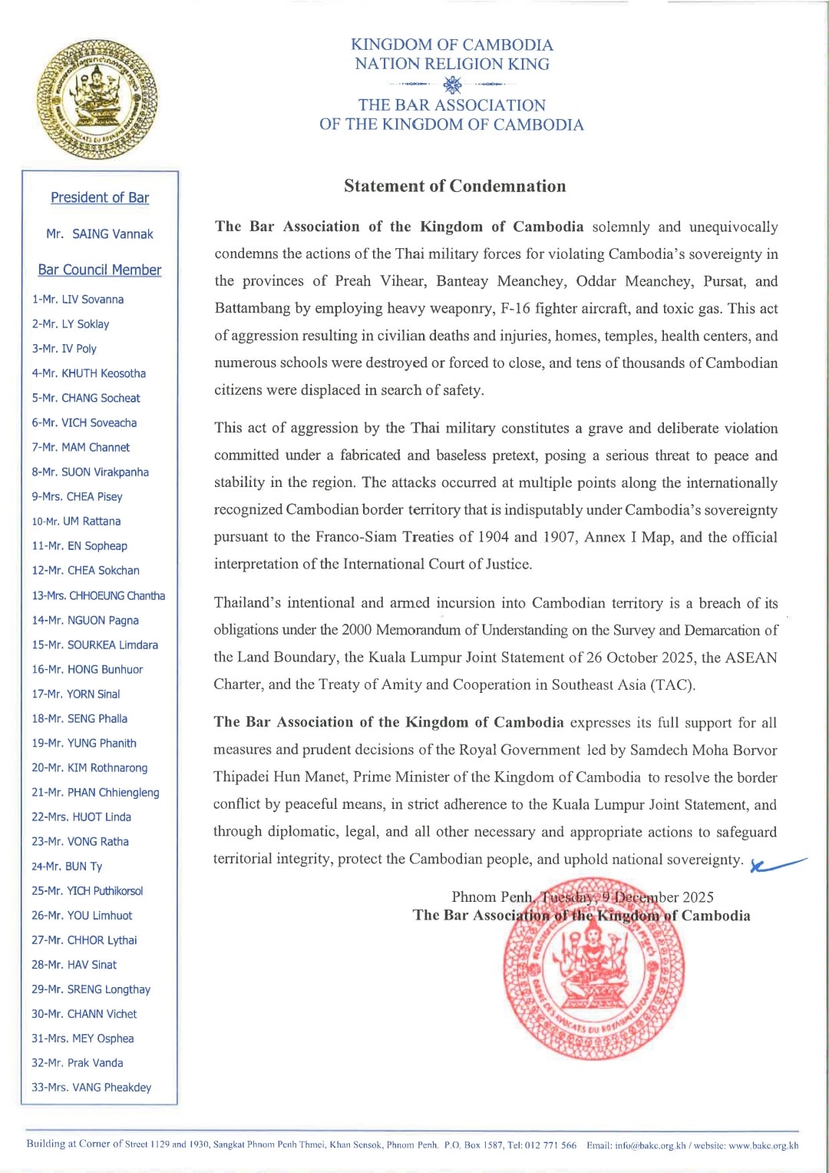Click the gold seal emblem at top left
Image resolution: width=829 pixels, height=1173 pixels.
(x=97, y=100)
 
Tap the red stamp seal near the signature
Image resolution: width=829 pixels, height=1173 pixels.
(x=593, y=969)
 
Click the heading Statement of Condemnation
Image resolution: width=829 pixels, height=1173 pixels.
(x=454, y=186)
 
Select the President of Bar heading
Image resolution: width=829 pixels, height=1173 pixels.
(x=100, y=197)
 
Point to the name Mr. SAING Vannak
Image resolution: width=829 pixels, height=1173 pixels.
(x=100, y=234)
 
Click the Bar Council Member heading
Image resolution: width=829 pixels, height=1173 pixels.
(x=100, y=270)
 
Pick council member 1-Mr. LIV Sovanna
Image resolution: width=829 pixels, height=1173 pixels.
(x=78, y=300)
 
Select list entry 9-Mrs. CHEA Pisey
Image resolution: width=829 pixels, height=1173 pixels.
(x=77, y=496)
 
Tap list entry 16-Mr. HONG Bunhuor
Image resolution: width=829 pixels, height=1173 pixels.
(x=87, y=669)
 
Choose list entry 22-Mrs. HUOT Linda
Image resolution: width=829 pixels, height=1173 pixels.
(x=81, y=817)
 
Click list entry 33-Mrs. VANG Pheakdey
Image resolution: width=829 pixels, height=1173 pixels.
(x=91, y=1087)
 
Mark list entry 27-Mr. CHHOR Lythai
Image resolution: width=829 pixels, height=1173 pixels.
(x=84, y=939)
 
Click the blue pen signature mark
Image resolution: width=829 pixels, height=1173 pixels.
(x=777, y=864)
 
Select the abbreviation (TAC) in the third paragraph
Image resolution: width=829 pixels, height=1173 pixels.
(x=672, y=684)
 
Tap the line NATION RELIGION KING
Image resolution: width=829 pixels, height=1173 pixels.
(x=451, y=64)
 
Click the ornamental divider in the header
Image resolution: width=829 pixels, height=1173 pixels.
(x=452, y=84)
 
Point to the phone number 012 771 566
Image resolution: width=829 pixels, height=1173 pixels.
(x=550, y=1145)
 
